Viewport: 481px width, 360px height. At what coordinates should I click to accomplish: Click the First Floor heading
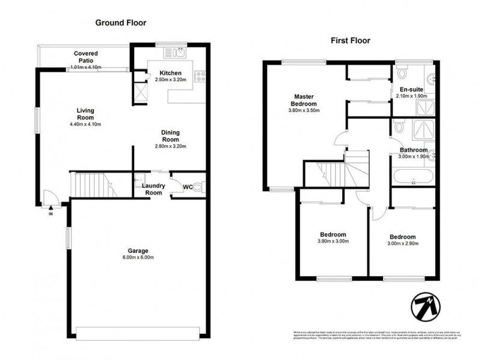pos(350,41)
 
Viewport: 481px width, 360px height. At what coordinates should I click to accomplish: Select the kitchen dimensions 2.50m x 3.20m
pos(171,79)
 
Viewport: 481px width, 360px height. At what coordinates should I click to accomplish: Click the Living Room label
pos(86,113)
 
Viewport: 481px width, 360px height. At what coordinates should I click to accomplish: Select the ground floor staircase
pos(91,184)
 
